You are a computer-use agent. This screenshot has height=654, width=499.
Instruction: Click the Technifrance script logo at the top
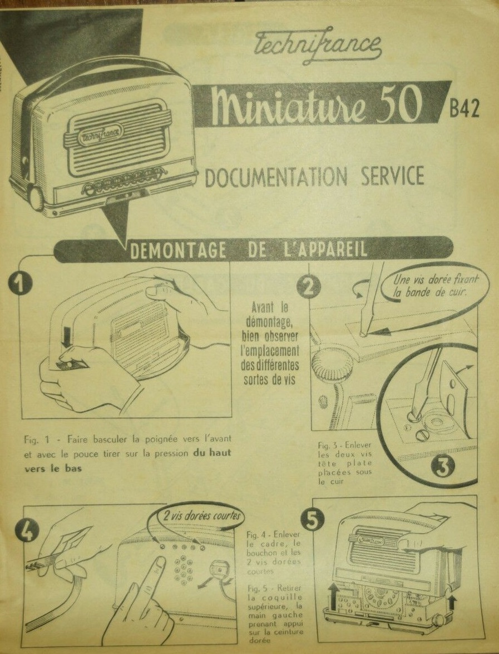[x=317, y=44]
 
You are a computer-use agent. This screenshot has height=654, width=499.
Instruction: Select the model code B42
[x=464, y=109]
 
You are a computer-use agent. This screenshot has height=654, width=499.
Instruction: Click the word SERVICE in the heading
[x=392, y=177]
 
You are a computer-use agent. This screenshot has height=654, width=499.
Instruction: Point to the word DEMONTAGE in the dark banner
[x=179, y=250]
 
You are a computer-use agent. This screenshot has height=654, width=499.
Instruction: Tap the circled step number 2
[x=309, y=287]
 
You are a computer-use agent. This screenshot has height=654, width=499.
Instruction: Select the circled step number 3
[x=443, y=467]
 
